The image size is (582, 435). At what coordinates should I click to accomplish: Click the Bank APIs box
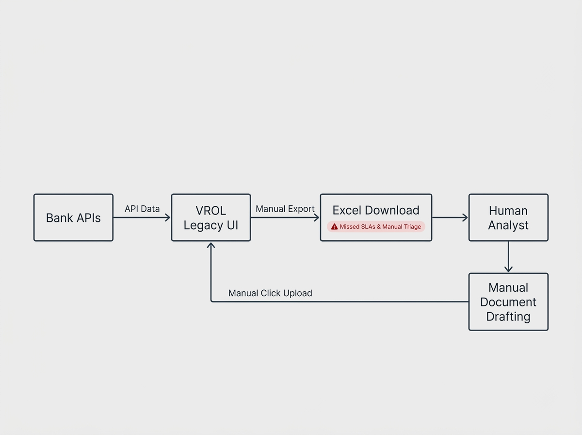point(73,217)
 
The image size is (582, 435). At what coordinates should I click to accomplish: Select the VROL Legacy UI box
point(211,217)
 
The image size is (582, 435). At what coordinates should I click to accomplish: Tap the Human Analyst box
point(508,217)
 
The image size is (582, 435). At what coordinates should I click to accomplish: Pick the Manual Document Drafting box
point(508,302)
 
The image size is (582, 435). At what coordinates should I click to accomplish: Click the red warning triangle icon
point(334,227)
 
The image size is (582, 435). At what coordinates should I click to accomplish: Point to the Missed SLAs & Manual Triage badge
point(376,227)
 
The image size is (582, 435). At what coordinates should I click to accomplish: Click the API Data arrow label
point(142,209)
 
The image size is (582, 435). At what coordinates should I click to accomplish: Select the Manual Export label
point(285,209)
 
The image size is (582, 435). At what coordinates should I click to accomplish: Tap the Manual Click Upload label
point(270,293)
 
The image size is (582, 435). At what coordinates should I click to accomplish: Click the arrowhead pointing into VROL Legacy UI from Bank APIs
point(168,217)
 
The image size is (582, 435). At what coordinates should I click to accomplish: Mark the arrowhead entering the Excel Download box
point(317,217)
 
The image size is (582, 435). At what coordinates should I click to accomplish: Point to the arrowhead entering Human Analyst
point(465,217)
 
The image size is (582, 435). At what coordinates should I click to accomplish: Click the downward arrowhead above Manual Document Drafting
point(508,269)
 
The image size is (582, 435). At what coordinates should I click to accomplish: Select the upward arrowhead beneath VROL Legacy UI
point(211,245)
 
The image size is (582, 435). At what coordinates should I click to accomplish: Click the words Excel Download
point(376,210)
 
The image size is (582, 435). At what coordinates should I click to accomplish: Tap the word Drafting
point(508,317)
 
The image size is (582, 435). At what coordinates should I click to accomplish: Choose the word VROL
point(211,211)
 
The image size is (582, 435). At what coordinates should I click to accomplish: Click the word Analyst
point(508,225)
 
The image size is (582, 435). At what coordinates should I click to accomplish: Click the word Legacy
point(203,226)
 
